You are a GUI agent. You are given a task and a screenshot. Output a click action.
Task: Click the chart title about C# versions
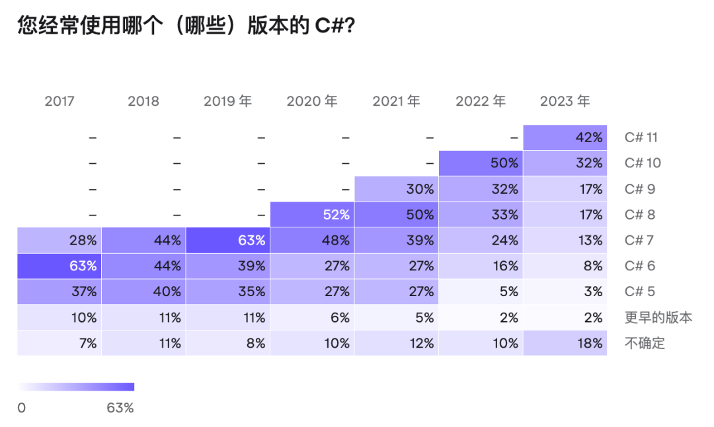(x=186, y=25)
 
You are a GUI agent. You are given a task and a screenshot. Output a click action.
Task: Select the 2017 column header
(x=59, y=101)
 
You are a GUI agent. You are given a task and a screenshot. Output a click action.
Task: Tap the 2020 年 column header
(x=312, y=101)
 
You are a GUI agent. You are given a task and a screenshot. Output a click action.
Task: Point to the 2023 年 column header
(x=565, y=101)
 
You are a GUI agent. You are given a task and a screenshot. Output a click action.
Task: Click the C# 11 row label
(x=641, y=137)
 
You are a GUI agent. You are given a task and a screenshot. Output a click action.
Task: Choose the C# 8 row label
(x=640, y=214)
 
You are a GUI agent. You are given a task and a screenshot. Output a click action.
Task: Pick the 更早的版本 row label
(x=658, y=317)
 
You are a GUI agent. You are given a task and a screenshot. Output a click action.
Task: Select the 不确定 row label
(x=645, y=343)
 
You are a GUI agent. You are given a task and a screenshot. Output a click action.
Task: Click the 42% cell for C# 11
(x=565, y=137)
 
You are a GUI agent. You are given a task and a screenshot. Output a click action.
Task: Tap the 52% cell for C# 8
(x=312, y=214)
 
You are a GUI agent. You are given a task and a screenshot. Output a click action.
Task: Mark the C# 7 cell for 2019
(x=228, y=240)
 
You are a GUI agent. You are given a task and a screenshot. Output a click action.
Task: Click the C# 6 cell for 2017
(x=59, y=266)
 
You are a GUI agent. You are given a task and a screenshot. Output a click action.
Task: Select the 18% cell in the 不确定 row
(x=565, y=343)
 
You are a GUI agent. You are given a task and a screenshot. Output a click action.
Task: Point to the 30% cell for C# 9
(x=397, y=189)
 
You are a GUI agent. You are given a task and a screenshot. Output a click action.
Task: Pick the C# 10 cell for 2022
(x=481, y=163)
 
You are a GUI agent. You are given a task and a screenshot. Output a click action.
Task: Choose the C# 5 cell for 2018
(x=143, y=291)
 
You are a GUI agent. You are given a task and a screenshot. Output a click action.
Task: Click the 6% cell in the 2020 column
(x=312, y=317)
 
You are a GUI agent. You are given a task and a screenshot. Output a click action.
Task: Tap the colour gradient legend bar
(x=76, y=387)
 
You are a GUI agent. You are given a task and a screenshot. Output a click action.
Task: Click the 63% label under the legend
(x=120, y=408)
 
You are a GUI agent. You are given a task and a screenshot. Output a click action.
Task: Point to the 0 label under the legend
(x=21, y=408)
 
